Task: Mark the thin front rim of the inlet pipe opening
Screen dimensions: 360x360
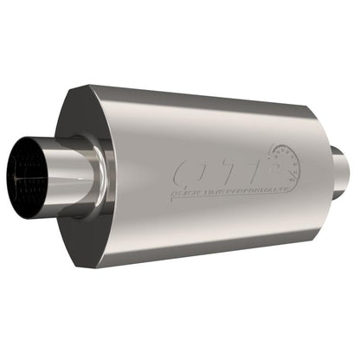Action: point(18,173)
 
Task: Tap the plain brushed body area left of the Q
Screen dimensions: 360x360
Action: point(147,173)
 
